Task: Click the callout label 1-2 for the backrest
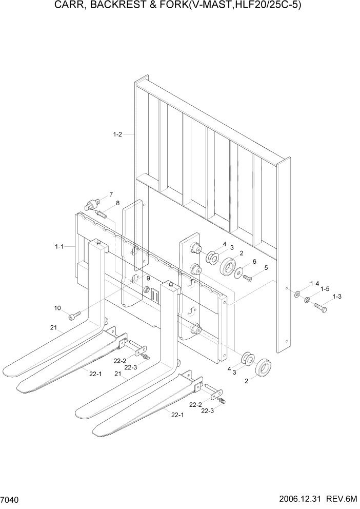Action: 117,135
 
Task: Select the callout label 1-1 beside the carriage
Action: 59,247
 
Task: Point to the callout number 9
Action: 148,279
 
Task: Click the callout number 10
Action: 57,308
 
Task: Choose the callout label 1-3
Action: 337,296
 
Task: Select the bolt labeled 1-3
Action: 319,308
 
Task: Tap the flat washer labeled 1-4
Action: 296,295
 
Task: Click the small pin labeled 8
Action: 99,213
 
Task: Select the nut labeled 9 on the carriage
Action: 146,290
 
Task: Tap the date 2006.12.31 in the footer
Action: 299,499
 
